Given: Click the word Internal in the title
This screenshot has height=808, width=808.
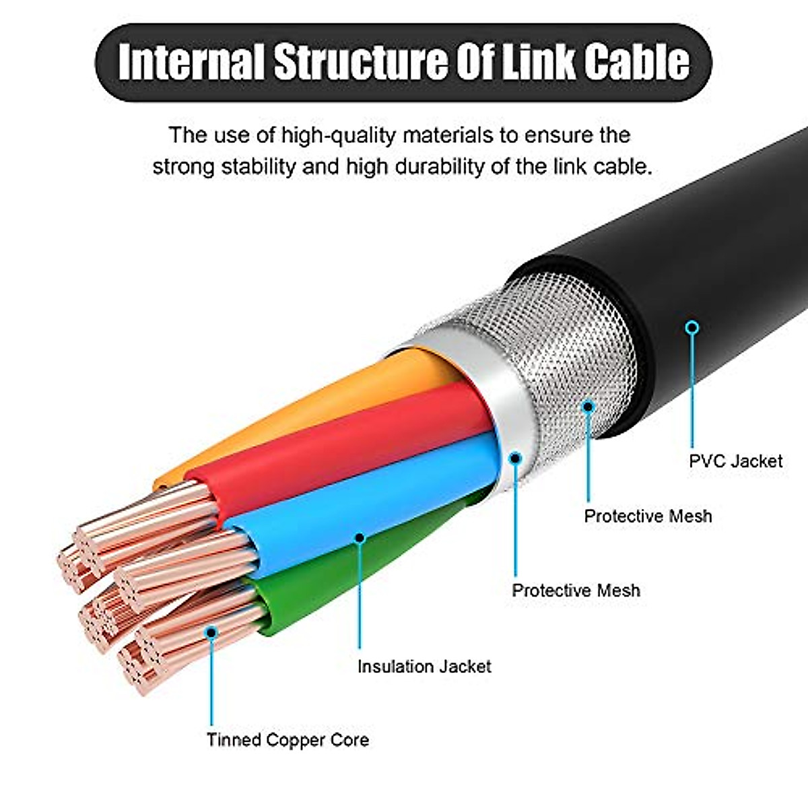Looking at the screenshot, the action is point(191,62).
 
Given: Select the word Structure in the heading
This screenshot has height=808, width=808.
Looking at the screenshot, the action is point(360,62).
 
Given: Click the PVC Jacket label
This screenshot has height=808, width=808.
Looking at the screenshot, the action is point(736,462).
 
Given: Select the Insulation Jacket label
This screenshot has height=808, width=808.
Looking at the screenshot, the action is point(424,667).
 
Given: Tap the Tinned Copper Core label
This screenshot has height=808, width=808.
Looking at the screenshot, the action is point(288,739).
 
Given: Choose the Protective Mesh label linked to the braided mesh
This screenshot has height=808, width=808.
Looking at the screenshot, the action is point(648,516).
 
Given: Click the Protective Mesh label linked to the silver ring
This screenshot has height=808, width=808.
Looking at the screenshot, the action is point(576,591).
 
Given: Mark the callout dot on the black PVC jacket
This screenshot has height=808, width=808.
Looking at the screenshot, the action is point(693,327).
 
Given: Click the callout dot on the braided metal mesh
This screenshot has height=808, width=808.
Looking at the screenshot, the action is point(588,406).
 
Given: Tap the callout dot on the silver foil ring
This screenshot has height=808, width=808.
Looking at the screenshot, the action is point(515,457).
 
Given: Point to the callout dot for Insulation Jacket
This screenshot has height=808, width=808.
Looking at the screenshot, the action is point(360,537).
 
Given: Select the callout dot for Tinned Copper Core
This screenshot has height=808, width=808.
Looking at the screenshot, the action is point(211,632).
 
